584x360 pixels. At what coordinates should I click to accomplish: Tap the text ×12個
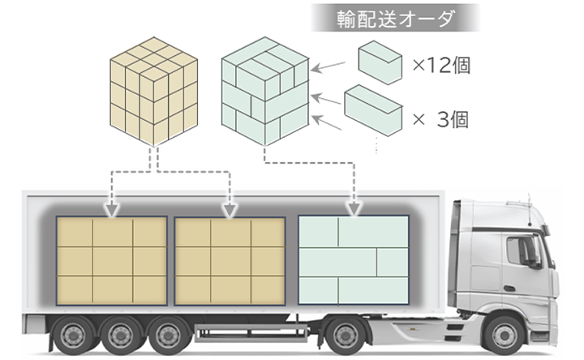441,66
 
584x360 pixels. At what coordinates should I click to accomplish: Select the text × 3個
441,121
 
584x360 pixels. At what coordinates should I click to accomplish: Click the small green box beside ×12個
380,62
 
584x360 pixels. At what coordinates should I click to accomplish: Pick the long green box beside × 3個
373,110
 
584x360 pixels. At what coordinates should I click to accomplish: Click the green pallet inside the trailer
354,260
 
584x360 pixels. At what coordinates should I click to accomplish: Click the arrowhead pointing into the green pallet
354,209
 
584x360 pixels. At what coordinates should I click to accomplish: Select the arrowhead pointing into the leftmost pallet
112,209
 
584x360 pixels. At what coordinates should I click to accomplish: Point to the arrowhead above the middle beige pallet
230,209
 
